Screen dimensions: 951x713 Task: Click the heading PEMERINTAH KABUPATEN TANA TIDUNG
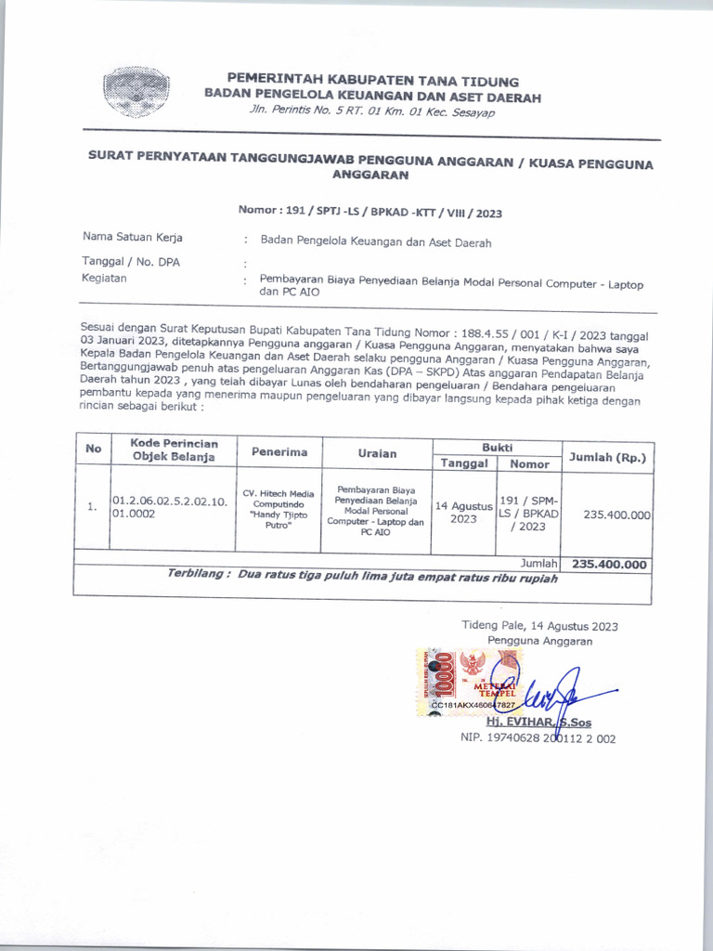coord(373,82)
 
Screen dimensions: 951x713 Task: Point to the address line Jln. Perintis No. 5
coord(372,112)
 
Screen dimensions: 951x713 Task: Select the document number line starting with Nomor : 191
coord(369,213)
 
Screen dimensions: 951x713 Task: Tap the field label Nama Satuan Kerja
coord(133,237)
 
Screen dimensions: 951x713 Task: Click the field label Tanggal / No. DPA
coord(131,262)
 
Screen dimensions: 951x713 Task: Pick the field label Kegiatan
coord(105,278)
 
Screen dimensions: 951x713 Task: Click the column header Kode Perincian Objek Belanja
coord(174,449)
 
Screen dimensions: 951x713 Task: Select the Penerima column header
coord(279,452)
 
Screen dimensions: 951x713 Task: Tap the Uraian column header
coord(377,453)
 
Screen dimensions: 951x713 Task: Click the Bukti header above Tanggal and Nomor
coord(497,447)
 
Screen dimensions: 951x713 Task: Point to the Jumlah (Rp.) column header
coord(607,456)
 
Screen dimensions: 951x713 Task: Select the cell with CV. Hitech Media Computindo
coord(279,510)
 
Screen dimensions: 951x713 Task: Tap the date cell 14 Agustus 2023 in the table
coord(463,513)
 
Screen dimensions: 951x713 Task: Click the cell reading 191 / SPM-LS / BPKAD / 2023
coord(528,513)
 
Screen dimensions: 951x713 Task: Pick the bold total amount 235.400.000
coord(610,564)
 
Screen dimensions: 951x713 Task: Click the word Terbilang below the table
coord(198,574)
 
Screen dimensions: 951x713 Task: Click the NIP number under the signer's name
coord(538,738)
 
